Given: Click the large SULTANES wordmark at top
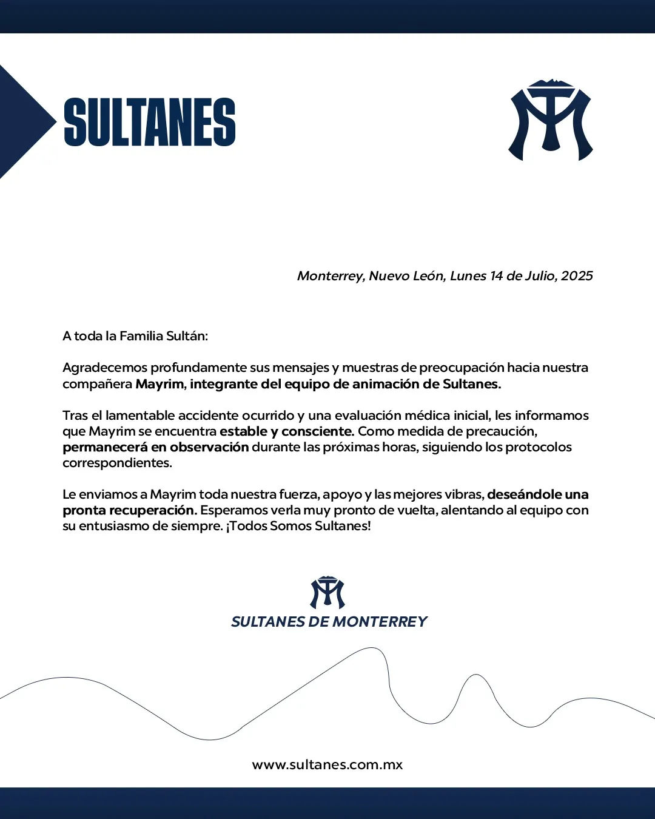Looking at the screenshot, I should pyautogui.click(x=150, y=122).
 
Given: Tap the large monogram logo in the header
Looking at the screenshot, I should pyautogui.click(x=550, y=120).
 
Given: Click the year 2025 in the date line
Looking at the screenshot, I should pyautogui.click(x=577, y=276).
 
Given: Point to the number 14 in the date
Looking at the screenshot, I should pyautogui.click(x=496, y=276).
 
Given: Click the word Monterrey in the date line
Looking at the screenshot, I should pyautogui.click(x=330, y=276).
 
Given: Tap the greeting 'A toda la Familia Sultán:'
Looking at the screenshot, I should pyautogui.click(x=135, y=336).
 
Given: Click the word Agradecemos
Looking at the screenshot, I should pyautogui.click(x=104, y=368).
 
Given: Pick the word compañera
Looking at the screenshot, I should pyautogui.click(x=97, y=384).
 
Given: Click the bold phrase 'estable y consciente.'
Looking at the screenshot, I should pyautogui.click(x=287, y=431).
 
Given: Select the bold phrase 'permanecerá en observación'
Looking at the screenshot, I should pyautogui.click(x=156, y=447).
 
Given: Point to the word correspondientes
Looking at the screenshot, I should pyautogui.click(x=117, y=463).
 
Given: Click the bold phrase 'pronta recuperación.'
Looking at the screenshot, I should pyautogui.click(x=130, y=510).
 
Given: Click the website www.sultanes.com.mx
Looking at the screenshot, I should pyautogui.click(x=327, y=764).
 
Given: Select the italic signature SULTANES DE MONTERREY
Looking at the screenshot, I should pyautogui.click(x=329, y=622).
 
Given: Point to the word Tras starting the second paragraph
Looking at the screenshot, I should pyautogui.click(x=75, y=416).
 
